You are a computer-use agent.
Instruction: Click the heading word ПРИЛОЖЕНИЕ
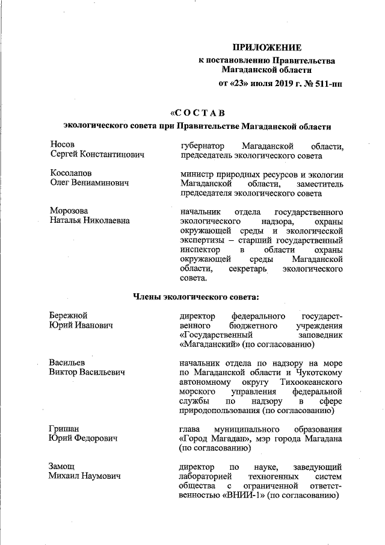point(267,48)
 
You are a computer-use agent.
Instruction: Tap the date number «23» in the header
point(239,83)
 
